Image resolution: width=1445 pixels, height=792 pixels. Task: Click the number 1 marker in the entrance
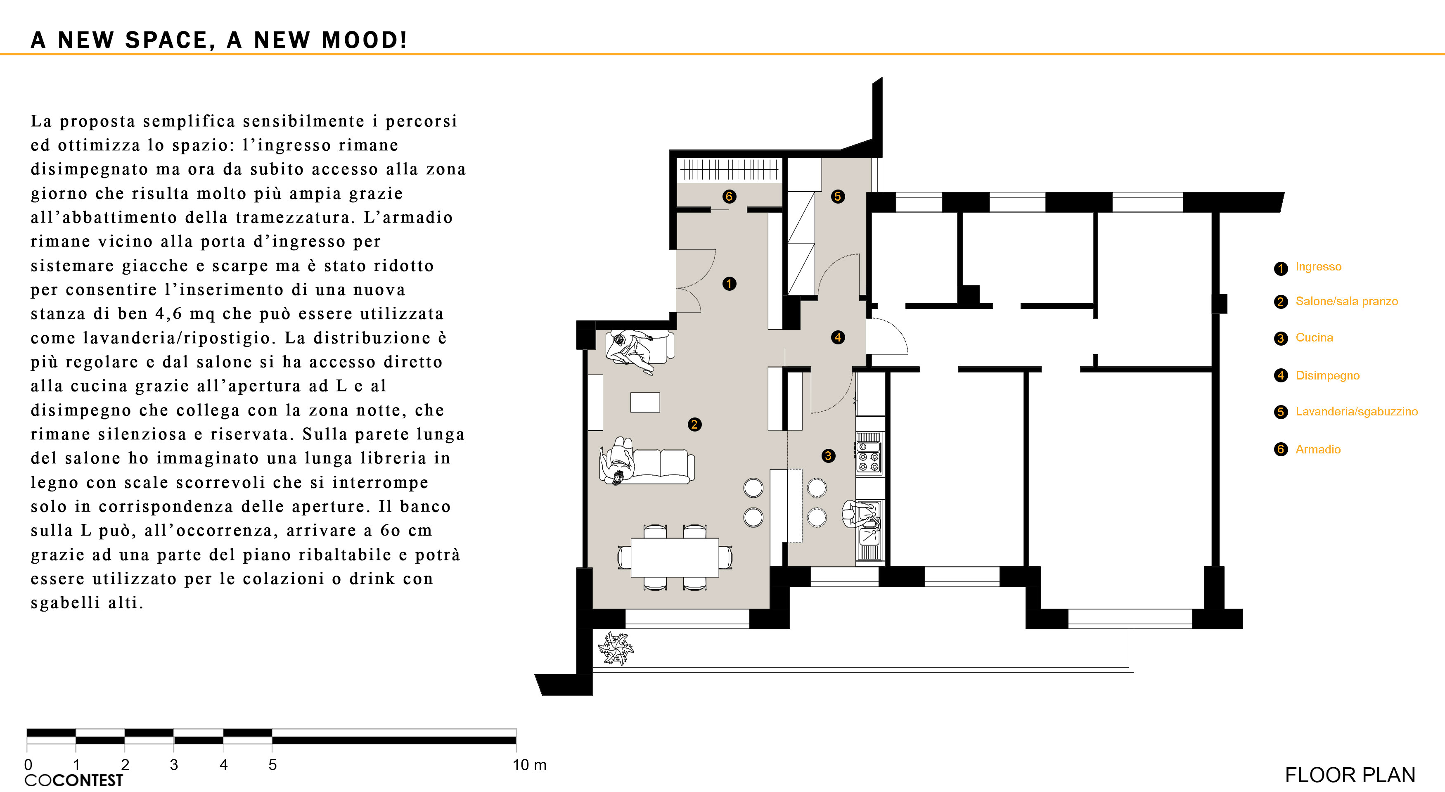click(x=729, y=284)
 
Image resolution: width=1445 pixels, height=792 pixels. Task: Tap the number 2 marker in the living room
click(x=694, y=424)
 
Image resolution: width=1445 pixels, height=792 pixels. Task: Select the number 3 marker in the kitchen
click(x=828, y=456)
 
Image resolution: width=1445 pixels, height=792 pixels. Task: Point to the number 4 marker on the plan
click(x=838, y=337)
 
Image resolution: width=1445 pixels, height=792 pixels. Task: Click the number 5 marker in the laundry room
click(x=838, y=196)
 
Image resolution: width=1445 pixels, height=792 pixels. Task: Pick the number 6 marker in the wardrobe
click(x=729, y=196)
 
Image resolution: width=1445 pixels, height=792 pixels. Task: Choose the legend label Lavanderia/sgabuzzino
click(x=1356, y=411)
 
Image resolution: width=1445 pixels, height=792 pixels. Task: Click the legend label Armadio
click(x=1318, y=449)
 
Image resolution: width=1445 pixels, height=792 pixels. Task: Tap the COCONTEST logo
click(x=73, y=780)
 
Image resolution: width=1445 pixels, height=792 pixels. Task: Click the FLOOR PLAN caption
click(x=1350, y=775)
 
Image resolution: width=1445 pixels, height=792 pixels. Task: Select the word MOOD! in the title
click(x=364, y=40)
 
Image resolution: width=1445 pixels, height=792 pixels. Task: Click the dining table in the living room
click(x=675, y=557)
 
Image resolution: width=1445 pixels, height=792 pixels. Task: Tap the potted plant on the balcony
click(x=615, y=648)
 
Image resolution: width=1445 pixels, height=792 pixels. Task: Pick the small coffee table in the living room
click(x=645, y=402)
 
